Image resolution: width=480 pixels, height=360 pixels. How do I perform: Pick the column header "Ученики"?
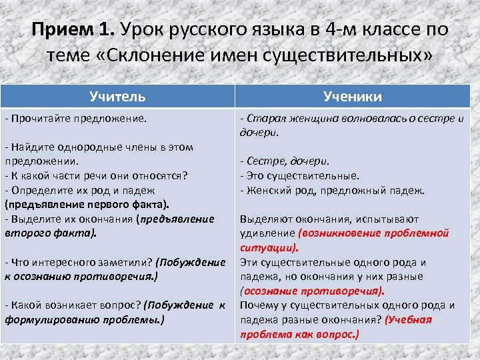[353, 97]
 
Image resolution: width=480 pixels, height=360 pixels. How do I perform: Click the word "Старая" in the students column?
[262, 119]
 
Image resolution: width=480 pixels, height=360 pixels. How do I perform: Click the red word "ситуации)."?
[268, 247]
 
